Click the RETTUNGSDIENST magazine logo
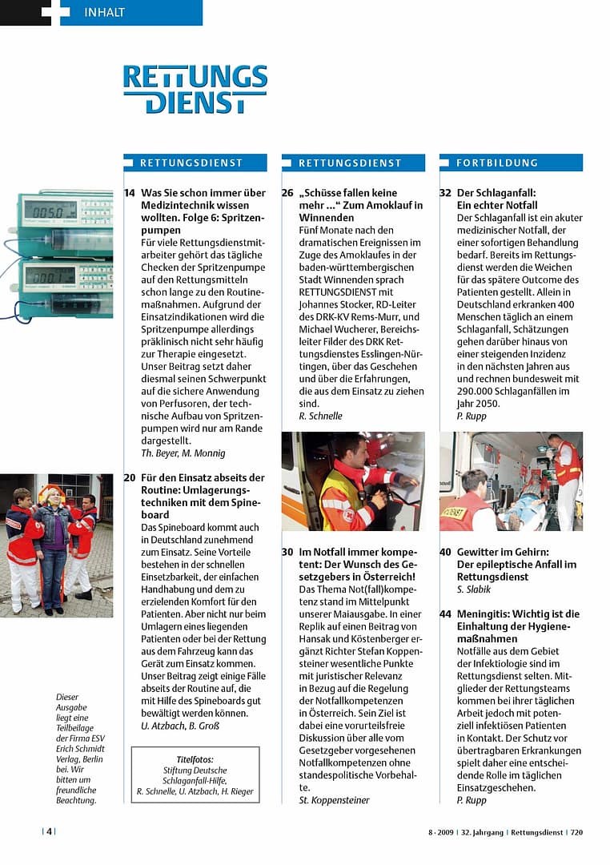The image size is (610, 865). click(x=195, y=89)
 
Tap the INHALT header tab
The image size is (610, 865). click(x=104, y=12)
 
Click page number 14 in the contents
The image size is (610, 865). click(x=130, y=193)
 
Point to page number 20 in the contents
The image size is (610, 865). click(x=130, y=477)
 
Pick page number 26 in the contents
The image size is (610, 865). click(x=287, y=193)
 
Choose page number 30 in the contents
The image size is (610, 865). click(x=287, y=553)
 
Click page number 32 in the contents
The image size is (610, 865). click(x=446, y=193)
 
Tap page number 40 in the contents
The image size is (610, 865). click(x=446, y=553)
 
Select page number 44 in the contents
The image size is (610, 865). click(x=446, y=614)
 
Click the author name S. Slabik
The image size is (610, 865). click(x=474, y=589)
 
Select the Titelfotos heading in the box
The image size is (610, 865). click(x=195, y=759)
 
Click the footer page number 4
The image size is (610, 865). click(x=49, y=831)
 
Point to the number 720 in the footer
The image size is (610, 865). click(x=576, y=832)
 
